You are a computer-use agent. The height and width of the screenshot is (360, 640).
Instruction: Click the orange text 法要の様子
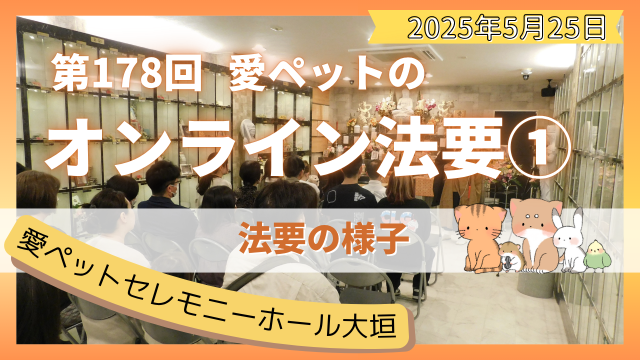click(x=324, y=238)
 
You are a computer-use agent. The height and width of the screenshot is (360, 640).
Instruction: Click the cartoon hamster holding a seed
click(x=511, y=257)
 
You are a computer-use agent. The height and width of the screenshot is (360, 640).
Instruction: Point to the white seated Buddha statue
click(x=403, y=103)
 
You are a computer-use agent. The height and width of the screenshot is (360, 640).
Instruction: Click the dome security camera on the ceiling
click(x=526, y=74)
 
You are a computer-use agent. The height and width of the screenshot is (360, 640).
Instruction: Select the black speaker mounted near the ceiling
click(x=548, y=89)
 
